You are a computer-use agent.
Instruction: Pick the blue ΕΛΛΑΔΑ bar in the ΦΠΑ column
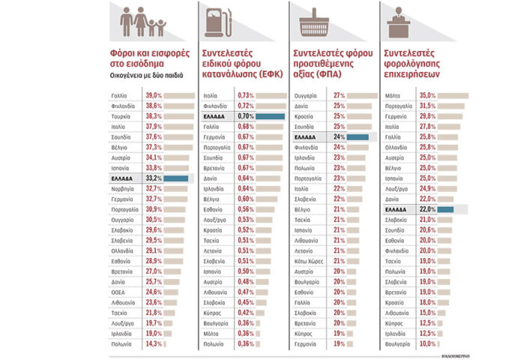(358, 137)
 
